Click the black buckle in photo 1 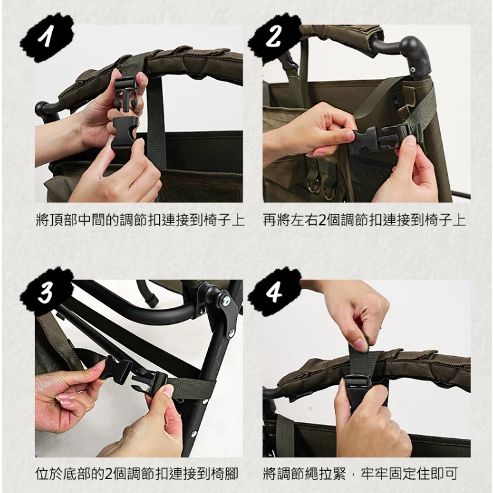tap(125, 115)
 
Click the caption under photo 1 tap(139, 221)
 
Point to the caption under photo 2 tap(364, 221)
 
